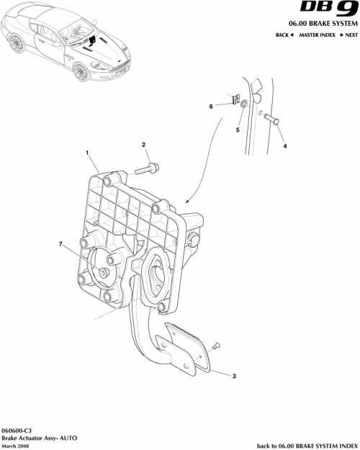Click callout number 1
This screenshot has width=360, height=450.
coord(87,153)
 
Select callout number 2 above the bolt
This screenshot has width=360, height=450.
coord(144,145)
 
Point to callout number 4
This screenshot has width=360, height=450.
coord(284,146)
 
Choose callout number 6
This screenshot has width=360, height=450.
coord(211,106)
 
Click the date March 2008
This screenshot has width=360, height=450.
coord(17,445)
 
